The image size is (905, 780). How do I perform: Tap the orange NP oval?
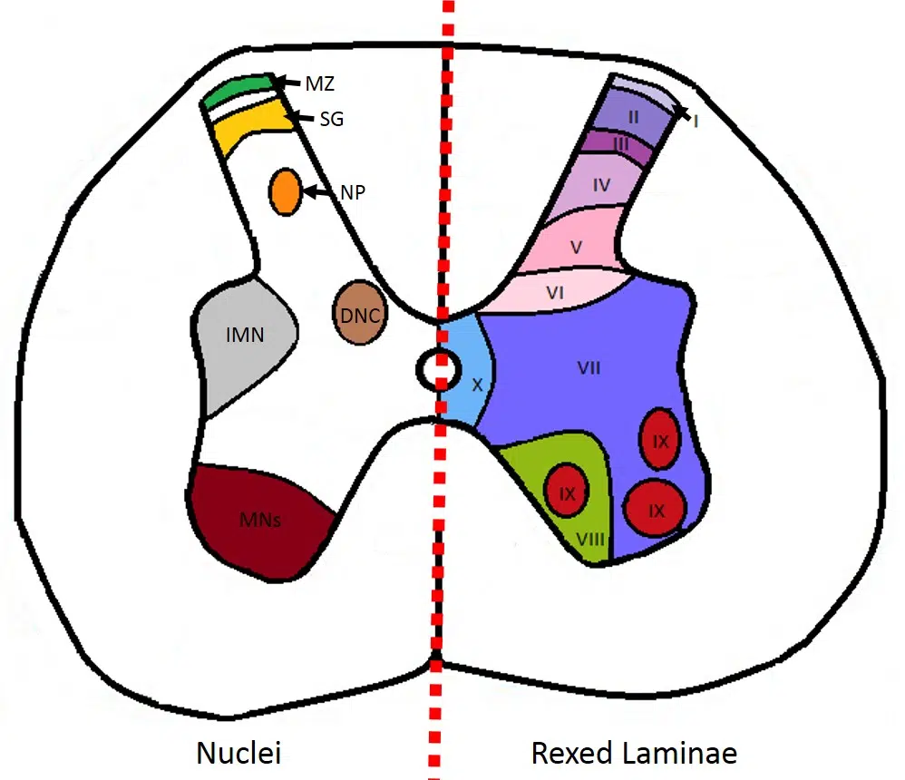pyautogui.click(x=286, y=191)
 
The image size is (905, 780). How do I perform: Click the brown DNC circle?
pyautogui.click(x=360, y=313)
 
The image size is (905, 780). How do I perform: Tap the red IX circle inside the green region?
pyautogui.click(x=567, y=492)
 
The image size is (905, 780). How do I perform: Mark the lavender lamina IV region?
pyautogui.click(x=600, y=186)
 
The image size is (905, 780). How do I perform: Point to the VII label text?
pyautogui.click(x=589, y=367)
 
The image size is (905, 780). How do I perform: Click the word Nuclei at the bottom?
pyautogui.click(x=239, y=752)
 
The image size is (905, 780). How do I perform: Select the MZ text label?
pyautogui.click(x=320, y=84)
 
